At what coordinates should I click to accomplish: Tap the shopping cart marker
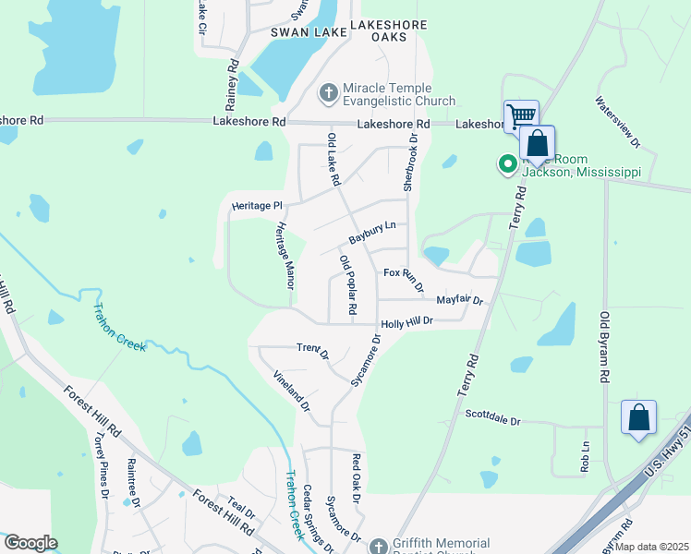click(521, 116)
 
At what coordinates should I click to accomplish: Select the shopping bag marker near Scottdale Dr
click(638, 417)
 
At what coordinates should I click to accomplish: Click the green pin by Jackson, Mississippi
click(507, 164)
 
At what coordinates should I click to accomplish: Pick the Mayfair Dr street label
click(459, 300)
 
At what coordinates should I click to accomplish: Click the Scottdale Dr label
click(493, 418)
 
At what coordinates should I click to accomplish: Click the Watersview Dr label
click(617, 123)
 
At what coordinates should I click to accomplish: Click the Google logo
click(30, 543)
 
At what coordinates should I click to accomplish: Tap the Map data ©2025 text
click(652, 547)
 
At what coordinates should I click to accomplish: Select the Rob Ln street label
click(585, 458)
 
